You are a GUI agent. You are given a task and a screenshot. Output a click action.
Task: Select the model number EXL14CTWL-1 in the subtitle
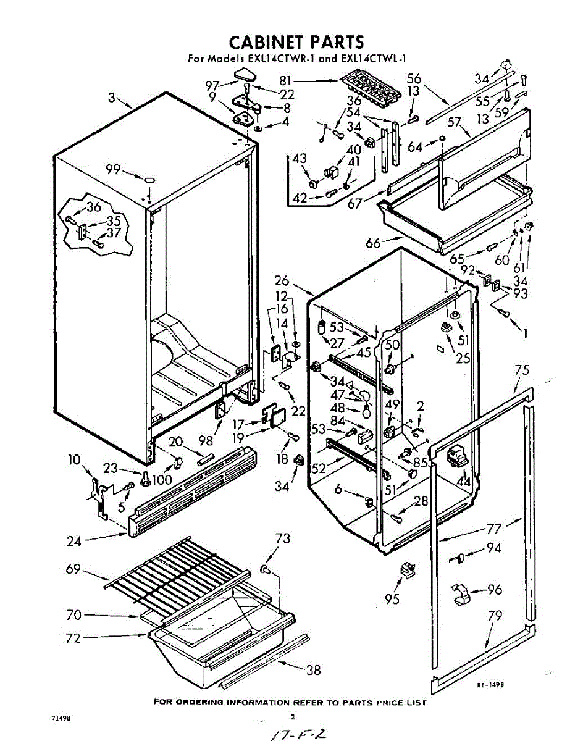pos(371,59)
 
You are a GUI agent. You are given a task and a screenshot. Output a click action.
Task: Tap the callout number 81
pos(285,80)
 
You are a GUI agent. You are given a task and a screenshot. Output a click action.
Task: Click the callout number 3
pos(112,98)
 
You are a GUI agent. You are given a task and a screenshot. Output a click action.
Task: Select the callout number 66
pos(373,243)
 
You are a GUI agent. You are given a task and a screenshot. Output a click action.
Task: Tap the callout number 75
pos(522,371)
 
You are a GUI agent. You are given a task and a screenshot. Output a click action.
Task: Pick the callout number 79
pos(495,616)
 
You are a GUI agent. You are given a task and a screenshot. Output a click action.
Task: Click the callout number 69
pos(73,569)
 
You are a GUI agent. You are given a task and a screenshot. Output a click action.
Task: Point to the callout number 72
pos(73,638)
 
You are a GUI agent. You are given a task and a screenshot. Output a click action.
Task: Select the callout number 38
pos(314,670)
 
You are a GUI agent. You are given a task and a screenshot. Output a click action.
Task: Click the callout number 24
pos(75,542)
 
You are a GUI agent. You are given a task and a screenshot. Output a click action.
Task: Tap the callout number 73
pos(282,539)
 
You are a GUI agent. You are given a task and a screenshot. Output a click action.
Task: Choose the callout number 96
pos(495,589)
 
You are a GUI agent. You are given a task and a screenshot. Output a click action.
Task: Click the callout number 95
pos(392,598)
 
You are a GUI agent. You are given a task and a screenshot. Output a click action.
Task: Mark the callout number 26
pos(282,280)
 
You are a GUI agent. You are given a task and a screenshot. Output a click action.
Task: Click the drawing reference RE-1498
pos(491,685)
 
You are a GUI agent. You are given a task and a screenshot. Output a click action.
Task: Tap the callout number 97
pos(212,85)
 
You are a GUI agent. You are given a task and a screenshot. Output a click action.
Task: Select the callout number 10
pos(74,459)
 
